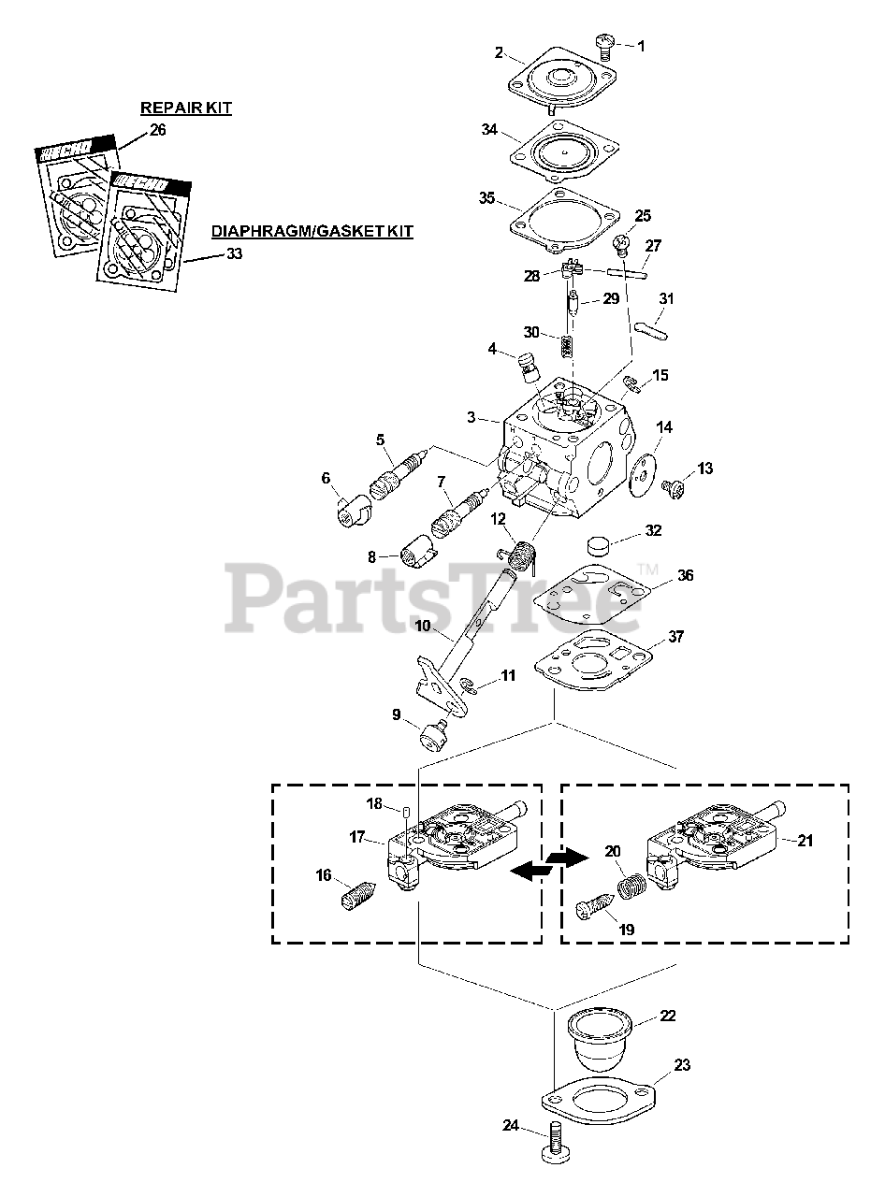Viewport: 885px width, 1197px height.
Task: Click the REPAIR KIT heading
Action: (x=186, y=108)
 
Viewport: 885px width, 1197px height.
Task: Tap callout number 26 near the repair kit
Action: (x=157, y=130)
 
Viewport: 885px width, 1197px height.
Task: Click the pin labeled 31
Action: (x=651, y=331)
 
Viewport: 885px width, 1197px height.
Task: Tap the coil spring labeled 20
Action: (x=632, y=882)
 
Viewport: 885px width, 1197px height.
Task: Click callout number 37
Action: (x=676, y=638)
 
